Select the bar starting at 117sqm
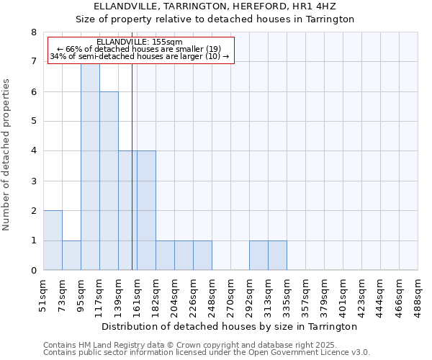pyautogui.click(x=109, y=181)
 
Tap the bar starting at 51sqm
pyautogui.click(x=53, y=240)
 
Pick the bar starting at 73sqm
pyautogui.click(x=71, y=256)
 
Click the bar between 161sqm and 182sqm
pyautogui.click(x=146, y=211)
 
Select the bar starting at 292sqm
pyautogui.click(x=258, y=256)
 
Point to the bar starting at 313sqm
pyautogui.click(x=277, y=256)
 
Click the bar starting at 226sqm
pyautogui.click(x=202, y=256)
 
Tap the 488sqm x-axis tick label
pyautogui.click(x=418, y=295)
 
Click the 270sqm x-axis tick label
pyautogui.click(x=230, y=295)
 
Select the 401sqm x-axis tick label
pyautogui.click(x=343, y=295)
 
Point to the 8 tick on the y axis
pyautogui.click(x=33, y=32)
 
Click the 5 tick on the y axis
pyautogui.click(x=33, y=122)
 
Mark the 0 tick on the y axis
pyautogui.click(x=33, y=271)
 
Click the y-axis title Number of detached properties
pyautogui.click(x=7, y=155)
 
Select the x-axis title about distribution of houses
pyautogui.click(x=230, y=327)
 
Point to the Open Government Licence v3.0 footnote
pyautogui.click(x=207, y=353)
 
